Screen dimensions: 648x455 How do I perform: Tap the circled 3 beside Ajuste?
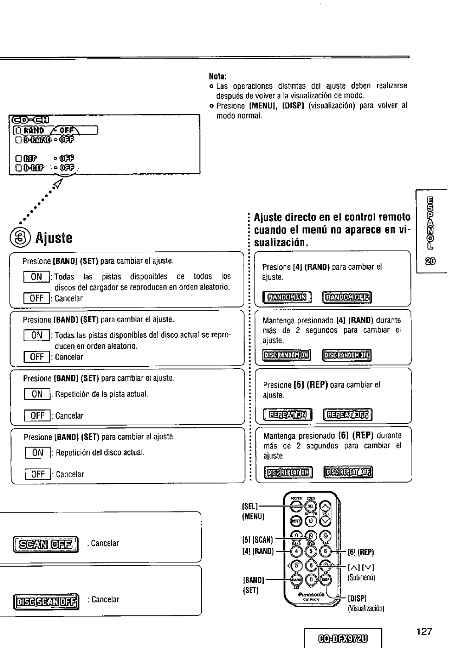coord(17,238)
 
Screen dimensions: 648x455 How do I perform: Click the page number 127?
coord(423,631)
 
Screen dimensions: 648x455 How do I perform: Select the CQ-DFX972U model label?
coord(343,639)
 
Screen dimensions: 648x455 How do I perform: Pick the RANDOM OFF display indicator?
coord(347,298)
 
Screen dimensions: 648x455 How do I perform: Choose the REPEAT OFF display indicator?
coord(347,415)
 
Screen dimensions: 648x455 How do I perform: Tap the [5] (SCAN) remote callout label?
coord(257,540)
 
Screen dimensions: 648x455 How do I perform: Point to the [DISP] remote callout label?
coord(357,599)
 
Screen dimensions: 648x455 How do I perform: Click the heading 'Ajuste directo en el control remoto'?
coord(332,217)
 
